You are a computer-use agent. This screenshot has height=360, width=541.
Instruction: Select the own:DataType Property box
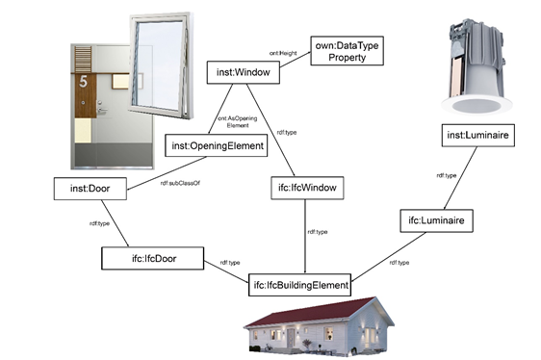[348, 51]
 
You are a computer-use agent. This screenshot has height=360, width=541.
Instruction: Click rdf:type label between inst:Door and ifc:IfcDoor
[103, 224]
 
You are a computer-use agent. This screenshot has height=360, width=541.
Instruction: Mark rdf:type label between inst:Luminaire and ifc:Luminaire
[447, 175]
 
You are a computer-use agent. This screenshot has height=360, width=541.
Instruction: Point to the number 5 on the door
[83, 83]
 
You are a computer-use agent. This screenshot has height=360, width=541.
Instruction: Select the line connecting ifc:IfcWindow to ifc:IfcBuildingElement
[306, 245]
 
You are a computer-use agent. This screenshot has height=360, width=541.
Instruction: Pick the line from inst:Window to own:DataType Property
[294, 63]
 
